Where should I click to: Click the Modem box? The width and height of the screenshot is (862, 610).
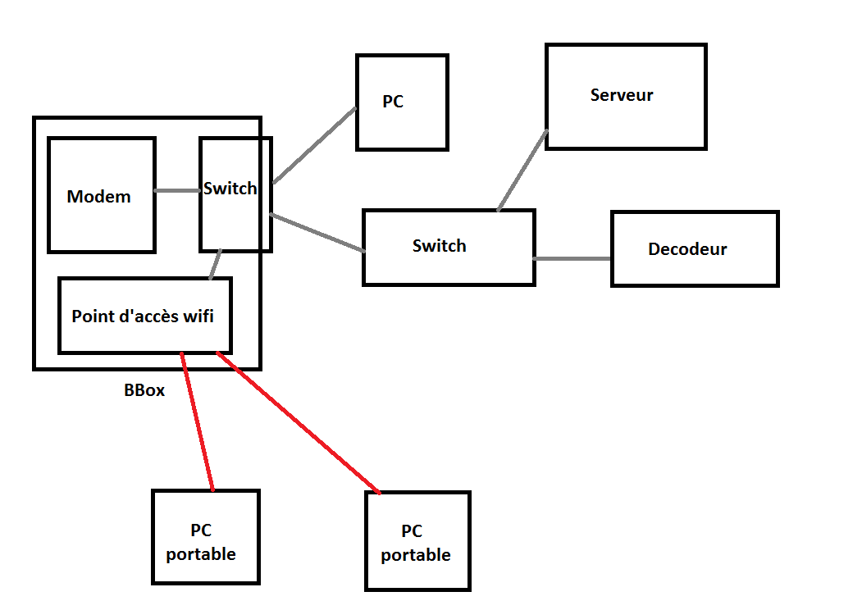click(x=102, y=195)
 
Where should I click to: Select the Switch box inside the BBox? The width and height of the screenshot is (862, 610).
click(x=236, y=194)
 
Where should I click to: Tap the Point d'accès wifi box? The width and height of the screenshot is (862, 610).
click(x=145, y=316)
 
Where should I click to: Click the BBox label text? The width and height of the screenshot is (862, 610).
click(x=144, y=390)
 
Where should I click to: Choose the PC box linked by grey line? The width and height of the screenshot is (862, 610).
click(x=403, y=102)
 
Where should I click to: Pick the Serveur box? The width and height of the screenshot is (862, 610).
click(x=626, y=96)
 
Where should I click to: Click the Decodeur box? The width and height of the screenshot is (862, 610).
click(x=695, y=248)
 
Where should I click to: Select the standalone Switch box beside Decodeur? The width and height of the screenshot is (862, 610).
click(x=449, y=248)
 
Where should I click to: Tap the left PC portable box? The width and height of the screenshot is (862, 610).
click(x=206, y=537)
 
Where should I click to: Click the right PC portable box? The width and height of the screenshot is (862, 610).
click(x=417, y=541)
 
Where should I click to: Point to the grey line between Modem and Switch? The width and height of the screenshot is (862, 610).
click(x=178, y=191)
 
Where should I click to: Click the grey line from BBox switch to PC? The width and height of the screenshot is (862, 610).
click(x=314, y=145)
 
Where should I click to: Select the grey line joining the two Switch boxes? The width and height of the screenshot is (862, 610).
click(x=317, y=233)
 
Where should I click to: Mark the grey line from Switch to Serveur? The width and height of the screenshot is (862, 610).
click(x=522, y=171)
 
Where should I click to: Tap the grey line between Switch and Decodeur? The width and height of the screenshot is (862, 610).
click(x=572, y=258)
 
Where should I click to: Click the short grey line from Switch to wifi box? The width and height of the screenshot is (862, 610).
click(x=216, y=264)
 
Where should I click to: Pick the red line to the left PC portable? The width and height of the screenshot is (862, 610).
click(x=198, y=421)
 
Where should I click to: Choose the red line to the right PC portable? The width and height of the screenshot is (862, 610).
click(x=299, y=423)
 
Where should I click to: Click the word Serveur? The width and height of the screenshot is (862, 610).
click(x=622, y=95)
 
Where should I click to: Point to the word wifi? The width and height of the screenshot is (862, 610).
click(x=198, y=316)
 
